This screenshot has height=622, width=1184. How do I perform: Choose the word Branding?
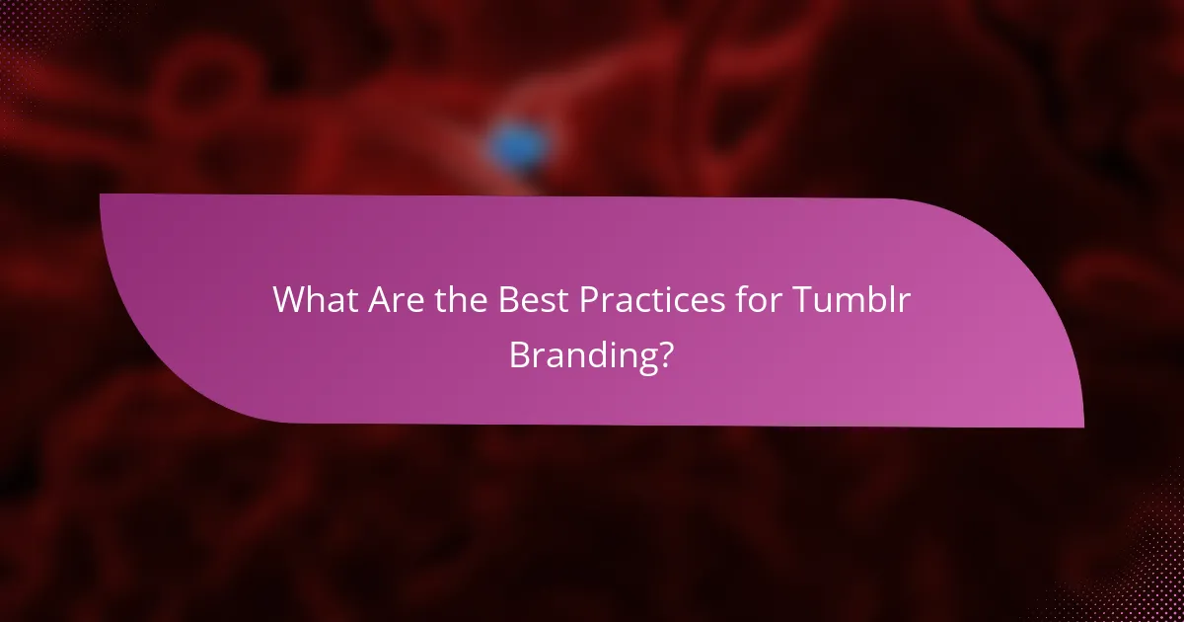click(582, 355)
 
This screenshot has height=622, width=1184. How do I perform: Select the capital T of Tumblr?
click(809, 299)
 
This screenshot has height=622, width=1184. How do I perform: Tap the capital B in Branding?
click(519, 354)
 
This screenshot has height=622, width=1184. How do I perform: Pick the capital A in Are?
click(378, 299)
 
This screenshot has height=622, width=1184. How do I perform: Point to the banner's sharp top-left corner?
click(102, 195)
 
